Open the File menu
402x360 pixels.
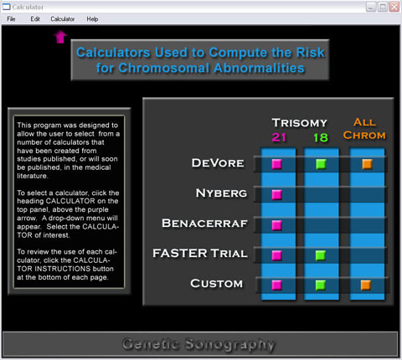tap(11, 19)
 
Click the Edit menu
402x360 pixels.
tap(35, 19)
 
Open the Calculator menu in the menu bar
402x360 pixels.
tap(63, 19)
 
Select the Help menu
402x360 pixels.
tap(92, 19)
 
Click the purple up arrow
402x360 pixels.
tap(60, 37)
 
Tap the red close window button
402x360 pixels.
tap(394, 7)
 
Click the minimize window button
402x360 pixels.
tap(371, 7)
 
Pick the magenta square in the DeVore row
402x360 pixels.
tap(277, 164)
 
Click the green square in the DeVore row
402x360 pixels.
tap(321, 164)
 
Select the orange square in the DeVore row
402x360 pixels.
tap(367, 164)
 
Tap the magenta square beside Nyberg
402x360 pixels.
tap(277, 194)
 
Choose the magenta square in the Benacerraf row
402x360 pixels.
tap(277, 225)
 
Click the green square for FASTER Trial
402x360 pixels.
tap(321, 255)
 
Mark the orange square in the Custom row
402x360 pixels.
tap(366, 285)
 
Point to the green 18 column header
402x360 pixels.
tap(321, 137)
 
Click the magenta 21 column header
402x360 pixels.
tap(279, 137)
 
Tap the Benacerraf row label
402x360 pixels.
tap(204, 224)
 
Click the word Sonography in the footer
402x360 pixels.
tap(230, 344)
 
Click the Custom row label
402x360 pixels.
tap(217, 284)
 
